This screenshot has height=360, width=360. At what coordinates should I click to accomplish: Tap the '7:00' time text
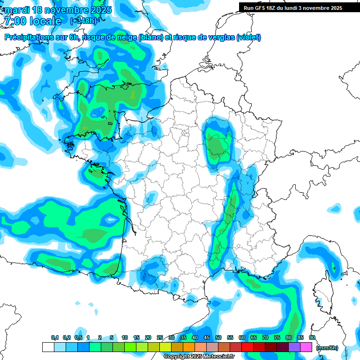[15, 21]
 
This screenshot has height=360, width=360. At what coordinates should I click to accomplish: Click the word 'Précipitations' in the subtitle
[28, 37]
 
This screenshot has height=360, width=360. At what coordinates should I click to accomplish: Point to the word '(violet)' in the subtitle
[249, 37]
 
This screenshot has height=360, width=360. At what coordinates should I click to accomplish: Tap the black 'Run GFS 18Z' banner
[293, 8]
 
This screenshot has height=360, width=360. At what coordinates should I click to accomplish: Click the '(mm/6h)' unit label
[327, 348]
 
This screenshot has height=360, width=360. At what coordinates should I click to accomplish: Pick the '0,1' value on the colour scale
[54, 338]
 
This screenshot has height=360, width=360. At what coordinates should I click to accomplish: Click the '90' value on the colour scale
[312, 338]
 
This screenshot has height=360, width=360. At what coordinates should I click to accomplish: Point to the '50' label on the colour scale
[218, 338]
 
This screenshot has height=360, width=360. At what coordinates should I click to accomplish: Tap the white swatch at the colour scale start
[48, 347]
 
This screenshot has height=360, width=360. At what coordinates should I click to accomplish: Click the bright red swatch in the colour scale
[248, 347]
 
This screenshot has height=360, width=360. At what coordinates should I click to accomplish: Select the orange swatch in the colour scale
[189, 347]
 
